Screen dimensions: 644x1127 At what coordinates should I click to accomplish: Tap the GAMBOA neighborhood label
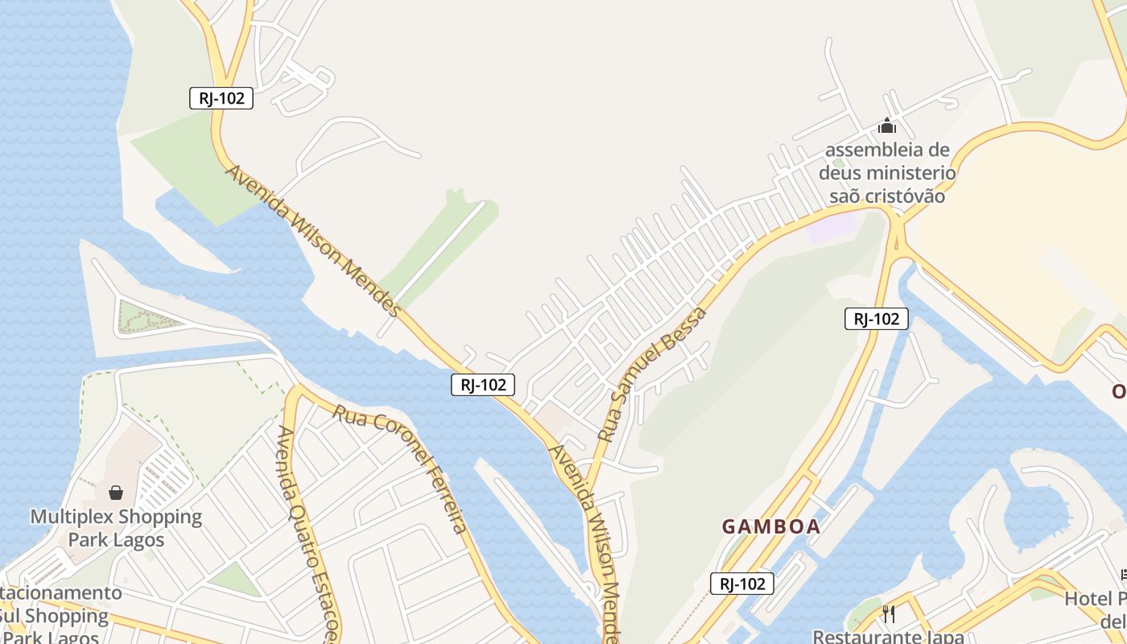770,527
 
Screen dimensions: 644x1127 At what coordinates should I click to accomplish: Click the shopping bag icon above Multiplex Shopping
116,492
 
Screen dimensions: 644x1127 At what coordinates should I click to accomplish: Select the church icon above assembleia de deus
887,126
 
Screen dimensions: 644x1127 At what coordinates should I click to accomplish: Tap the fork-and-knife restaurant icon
889,614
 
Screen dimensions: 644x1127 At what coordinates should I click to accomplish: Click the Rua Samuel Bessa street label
652,374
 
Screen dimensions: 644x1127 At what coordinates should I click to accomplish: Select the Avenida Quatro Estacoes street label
308,531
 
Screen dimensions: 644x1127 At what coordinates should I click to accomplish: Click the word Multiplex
72,516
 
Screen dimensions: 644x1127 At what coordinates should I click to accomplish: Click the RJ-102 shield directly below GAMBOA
741,584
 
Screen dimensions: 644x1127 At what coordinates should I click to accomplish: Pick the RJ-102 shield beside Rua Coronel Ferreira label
482,385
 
